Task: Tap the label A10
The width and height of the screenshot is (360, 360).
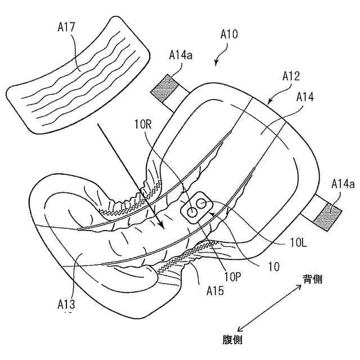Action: coord(228,34)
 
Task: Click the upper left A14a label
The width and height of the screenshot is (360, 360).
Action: coord(182,55)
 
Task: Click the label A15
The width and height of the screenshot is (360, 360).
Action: coord(215,291)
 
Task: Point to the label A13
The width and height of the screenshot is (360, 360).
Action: coord(66,304)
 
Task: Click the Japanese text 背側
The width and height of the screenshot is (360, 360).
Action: coord(312,279)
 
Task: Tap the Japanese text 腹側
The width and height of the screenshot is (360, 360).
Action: coord(232,339)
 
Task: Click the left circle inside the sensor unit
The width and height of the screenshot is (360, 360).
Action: coord(192,211)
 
